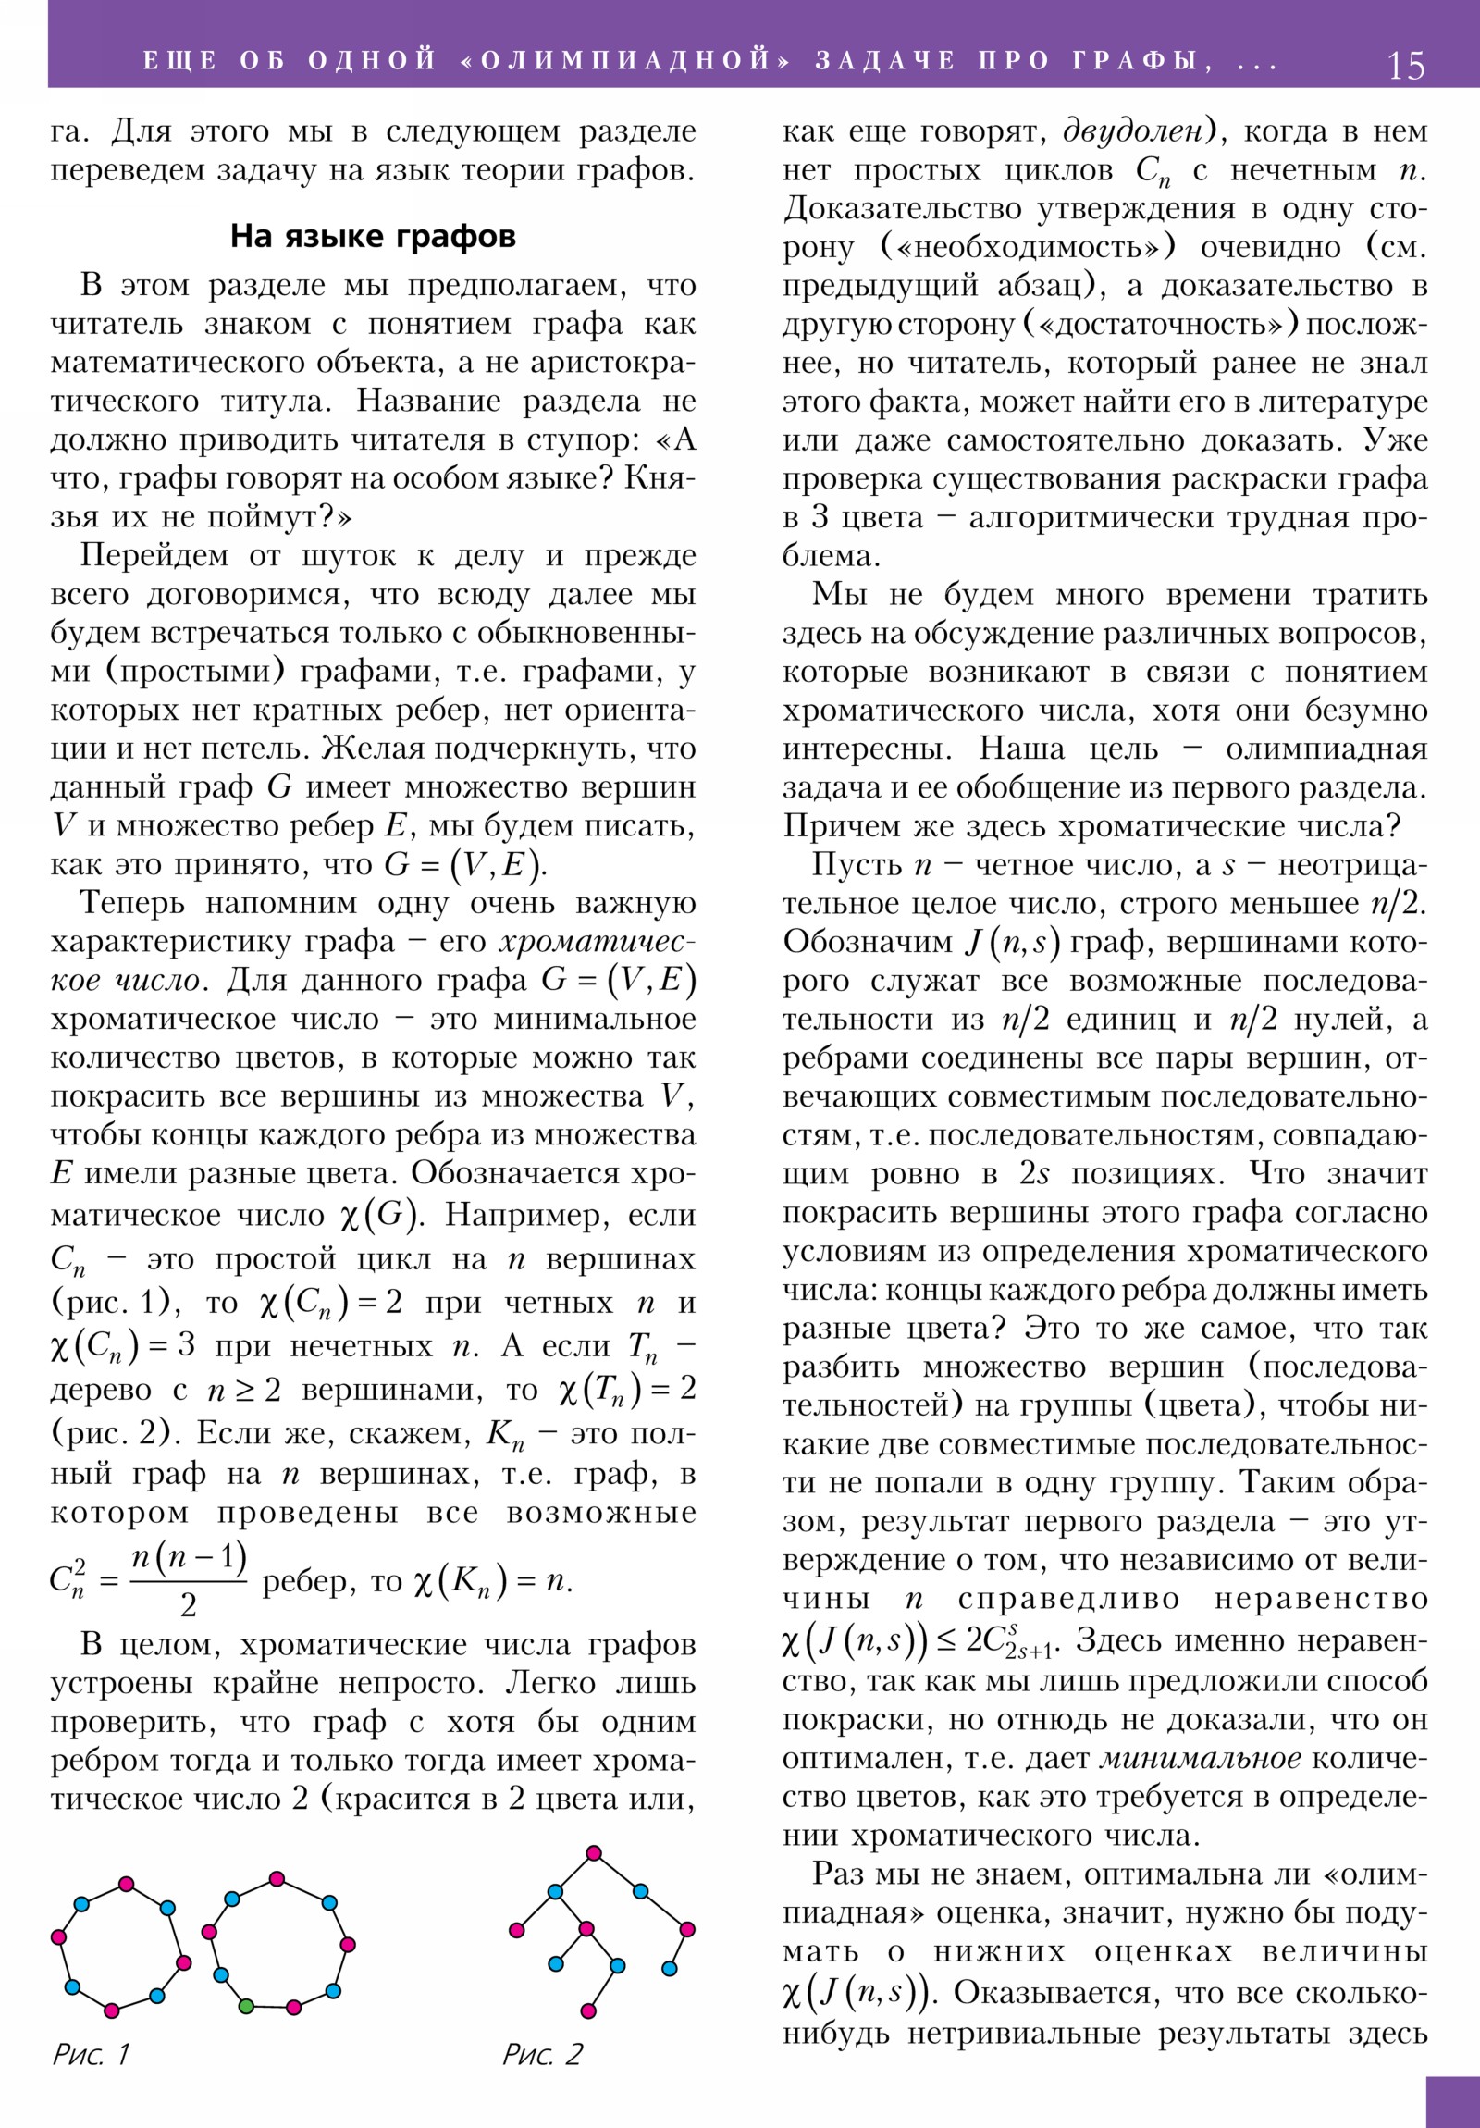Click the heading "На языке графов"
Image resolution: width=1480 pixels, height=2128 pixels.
coord(373,236)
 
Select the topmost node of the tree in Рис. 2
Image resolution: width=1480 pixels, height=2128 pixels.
coord(594,1853)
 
